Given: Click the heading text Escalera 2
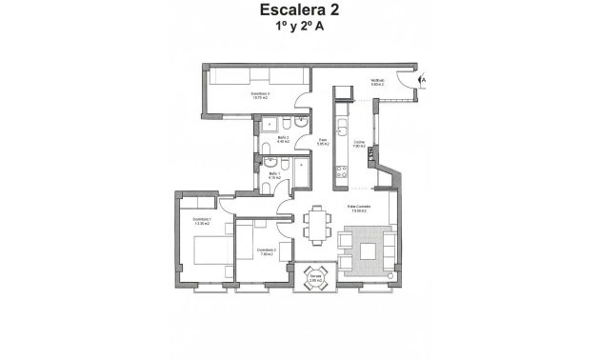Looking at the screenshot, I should coord(299,12).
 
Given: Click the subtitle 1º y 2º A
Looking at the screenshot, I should coord(299,30).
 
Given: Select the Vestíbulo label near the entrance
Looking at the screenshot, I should coord(377,82).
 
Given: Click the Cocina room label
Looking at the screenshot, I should coord(359,145).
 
